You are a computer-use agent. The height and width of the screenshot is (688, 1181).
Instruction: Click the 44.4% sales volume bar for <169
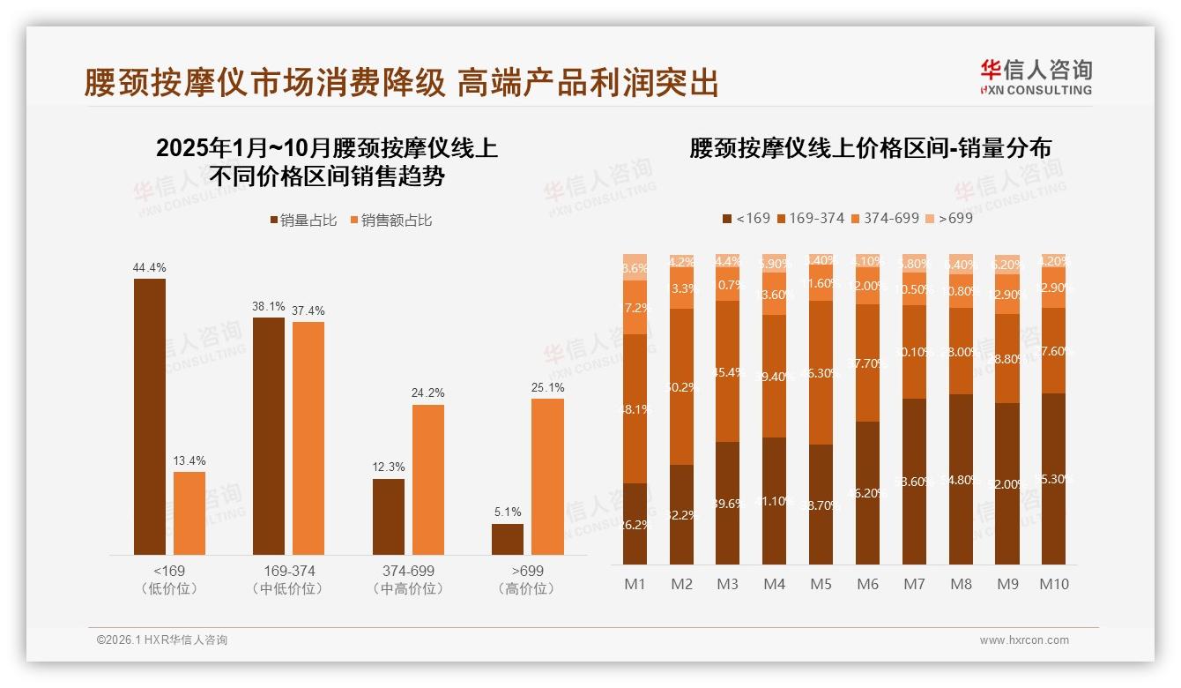coord(149,416)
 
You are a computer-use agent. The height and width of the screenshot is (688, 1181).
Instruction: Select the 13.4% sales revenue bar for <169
coord(189,512)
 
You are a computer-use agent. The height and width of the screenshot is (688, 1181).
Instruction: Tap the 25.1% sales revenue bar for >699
coord(547,476)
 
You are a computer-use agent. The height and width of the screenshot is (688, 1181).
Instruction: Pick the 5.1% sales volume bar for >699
coord(508,539)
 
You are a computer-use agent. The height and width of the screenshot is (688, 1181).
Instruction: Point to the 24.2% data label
coord(428,393)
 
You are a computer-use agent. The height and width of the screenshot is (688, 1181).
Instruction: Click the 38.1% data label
coord(269,306)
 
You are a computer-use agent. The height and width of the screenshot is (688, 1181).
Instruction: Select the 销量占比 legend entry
coord(302,221)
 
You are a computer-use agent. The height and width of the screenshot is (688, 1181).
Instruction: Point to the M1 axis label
coord(635,584)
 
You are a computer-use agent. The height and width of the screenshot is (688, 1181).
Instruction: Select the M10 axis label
coord(1053,584)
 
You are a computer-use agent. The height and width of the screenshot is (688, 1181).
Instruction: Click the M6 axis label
coord(867,584)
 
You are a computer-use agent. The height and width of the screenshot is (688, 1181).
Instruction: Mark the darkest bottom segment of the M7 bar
coord(914,482)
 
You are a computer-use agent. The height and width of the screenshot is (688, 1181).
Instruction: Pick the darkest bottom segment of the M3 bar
coord(727,503)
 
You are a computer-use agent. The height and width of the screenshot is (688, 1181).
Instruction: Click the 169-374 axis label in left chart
coord(288,571)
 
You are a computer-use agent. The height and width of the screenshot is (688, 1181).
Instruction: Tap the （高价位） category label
coord(527,588)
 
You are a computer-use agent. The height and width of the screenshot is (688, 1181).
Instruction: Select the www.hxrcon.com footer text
coord(1023,640)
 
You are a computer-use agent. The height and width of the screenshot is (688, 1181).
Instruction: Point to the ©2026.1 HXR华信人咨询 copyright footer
coord(161,640)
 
